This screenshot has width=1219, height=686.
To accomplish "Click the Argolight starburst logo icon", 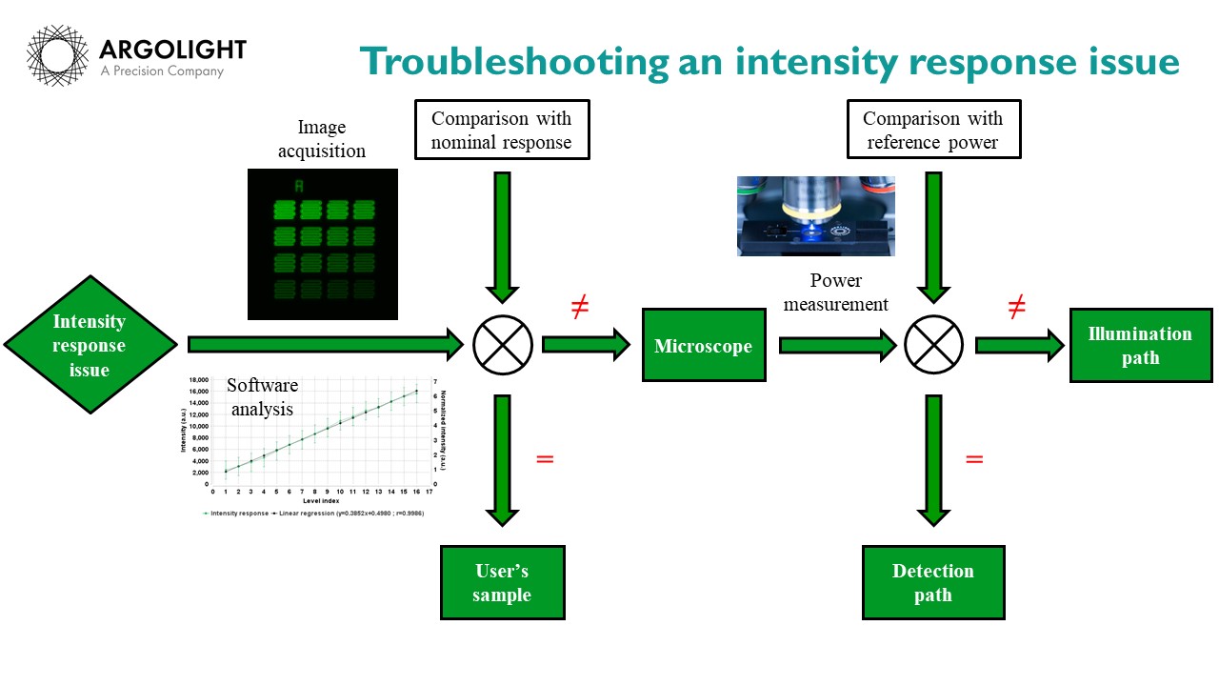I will (57, 56).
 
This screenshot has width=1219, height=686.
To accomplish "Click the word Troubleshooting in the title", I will (515, 62).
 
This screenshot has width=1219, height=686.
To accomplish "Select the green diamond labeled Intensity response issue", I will (90, 345).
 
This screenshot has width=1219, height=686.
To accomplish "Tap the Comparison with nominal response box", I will (501, 131).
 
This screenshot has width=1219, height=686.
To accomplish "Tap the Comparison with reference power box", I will (932, 131).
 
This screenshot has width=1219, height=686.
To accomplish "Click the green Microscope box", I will (703, 346).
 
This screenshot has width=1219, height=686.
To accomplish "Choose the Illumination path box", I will (1140, 345).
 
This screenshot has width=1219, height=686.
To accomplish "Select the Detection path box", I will (932, 582).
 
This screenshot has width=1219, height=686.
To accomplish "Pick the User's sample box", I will (502, 582).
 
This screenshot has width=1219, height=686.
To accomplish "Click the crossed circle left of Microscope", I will (502, 345).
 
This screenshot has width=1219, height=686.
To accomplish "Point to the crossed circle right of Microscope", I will (933, 345).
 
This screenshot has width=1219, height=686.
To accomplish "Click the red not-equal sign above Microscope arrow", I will (579, 308).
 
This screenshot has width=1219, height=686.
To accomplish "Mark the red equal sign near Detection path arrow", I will (973, 459).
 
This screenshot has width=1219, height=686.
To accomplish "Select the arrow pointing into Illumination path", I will (1018, 345).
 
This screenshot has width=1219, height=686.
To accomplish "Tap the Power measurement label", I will (849, 293).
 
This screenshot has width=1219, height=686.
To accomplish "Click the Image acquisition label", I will (322, 139).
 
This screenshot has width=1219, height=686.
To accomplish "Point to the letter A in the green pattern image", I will (298, 185).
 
